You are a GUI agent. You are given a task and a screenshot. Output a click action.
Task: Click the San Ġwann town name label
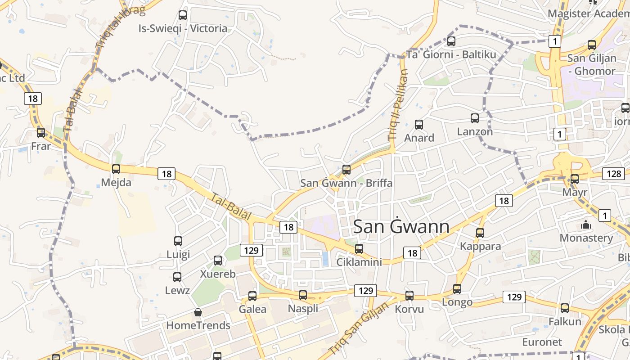coord(401,226)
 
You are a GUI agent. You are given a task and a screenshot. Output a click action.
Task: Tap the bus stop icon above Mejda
coord(116,169)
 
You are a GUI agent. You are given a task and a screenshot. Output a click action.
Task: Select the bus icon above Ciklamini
coord(359,248)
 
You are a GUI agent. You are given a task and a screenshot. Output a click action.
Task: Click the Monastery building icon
coord(586,224)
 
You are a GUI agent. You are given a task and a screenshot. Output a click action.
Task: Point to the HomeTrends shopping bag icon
coord(198,312)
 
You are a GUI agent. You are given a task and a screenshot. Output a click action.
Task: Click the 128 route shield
coord(613,174)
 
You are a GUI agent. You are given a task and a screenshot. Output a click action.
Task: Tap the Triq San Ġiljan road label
coord(358,328)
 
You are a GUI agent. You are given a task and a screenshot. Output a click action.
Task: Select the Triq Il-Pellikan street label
coord(397,104)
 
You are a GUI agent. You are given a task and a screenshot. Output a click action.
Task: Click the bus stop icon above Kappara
coord(480,233)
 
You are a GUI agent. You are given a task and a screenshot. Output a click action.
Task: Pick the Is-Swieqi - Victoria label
coord(183,29)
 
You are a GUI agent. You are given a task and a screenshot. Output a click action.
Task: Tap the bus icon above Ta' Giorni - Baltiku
coord(451,41)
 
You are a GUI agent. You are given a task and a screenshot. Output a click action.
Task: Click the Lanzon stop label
coord(475,132)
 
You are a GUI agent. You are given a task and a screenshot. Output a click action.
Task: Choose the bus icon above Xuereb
coord(218,260)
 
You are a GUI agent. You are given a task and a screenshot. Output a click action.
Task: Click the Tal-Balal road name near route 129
coord(231,207)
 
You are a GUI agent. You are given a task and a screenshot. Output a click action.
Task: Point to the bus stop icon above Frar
coord(41,133)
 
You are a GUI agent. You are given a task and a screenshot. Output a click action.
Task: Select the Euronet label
coord(542,342)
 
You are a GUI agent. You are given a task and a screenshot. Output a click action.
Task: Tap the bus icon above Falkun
coord(565,308)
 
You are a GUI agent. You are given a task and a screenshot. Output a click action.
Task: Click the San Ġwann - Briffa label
coord(346,183)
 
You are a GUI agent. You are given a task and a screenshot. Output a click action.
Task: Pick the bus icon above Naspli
coord(303,295)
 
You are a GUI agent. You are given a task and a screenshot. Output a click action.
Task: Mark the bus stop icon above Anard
coord(419,124)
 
